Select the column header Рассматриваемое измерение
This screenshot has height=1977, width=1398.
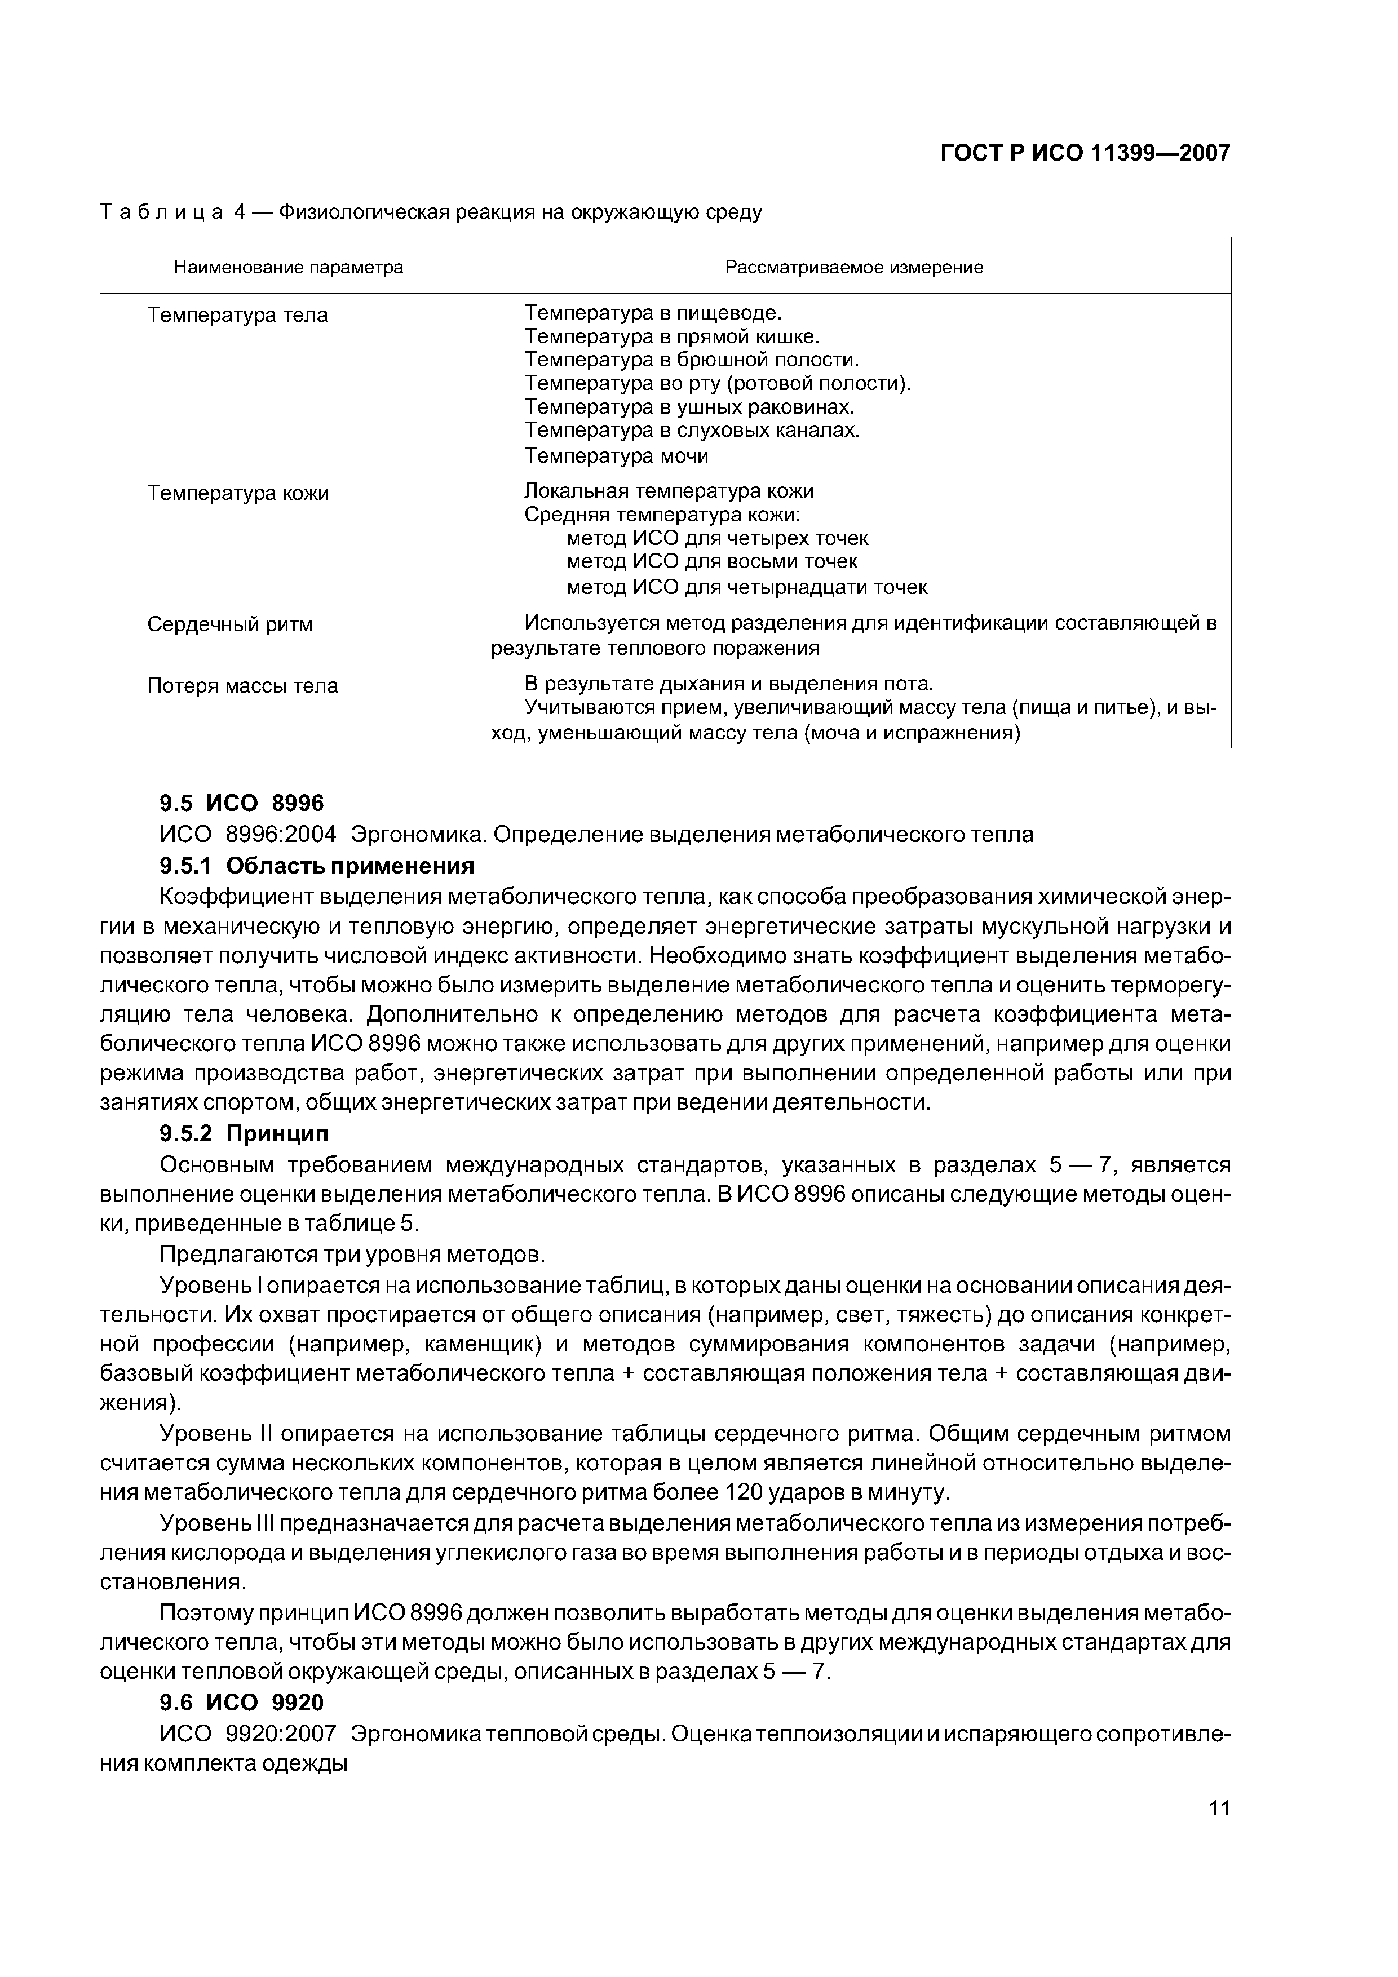[853, 267]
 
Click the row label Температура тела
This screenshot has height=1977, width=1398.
[238, 315]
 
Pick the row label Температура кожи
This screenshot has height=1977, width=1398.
[238, 493]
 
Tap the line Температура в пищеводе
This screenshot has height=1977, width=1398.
[653, 313]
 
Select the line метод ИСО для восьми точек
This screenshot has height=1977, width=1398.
[711, 561]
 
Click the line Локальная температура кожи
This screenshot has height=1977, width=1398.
[669, 491]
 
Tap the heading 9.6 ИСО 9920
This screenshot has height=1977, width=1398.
[241, 1703]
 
